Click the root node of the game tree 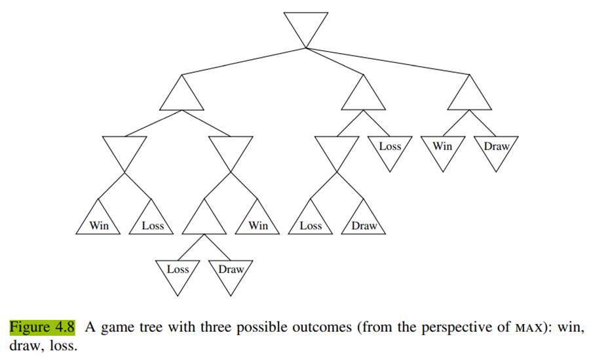306,26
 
